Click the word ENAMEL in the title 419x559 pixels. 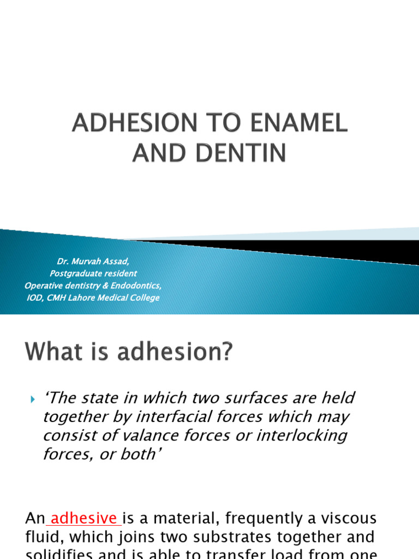pos(301,124)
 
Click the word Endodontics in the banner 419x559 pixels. pos(139,286)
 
